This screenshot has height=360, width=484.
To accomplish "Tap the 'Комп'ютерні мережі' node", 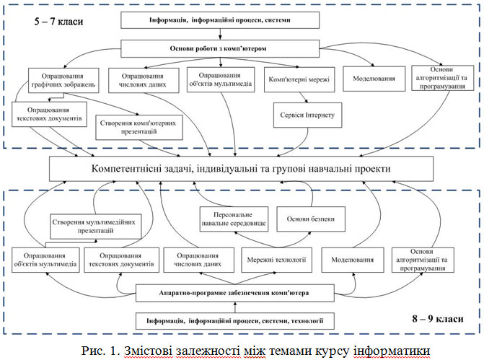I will pos(298,79).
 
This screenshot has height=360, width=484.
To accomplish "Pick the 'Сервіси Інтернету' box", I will pos(306,113).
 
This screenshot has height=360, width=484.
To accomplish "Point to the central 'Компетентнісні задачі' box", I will pos(241,168).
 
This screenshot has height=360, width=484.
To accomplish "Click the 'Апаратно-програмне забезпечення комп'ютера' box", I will pos(234,293).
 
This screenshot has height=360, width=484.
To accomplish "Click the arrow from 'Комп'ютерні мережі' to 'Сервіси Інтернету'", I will pos(303,97).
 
